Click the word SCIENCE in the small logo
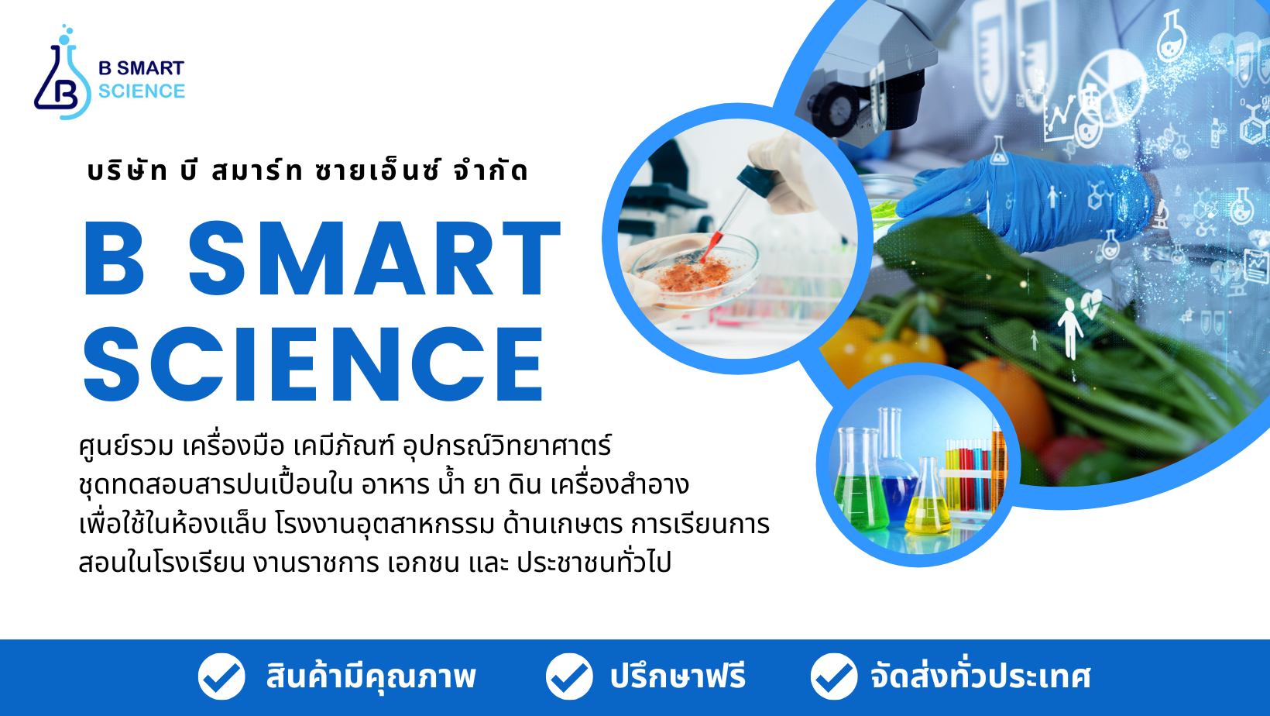142,91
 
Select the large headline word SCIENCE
314,363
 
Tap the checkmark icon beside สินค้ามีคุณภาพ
221,676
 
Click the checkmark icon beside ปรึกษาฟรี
569,676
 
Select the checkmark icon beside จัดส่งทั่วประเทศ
834,676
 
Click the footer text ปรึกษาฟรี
678,676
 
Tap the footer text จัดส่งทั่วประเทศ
981,676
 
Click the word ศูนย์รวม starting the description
126,446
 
